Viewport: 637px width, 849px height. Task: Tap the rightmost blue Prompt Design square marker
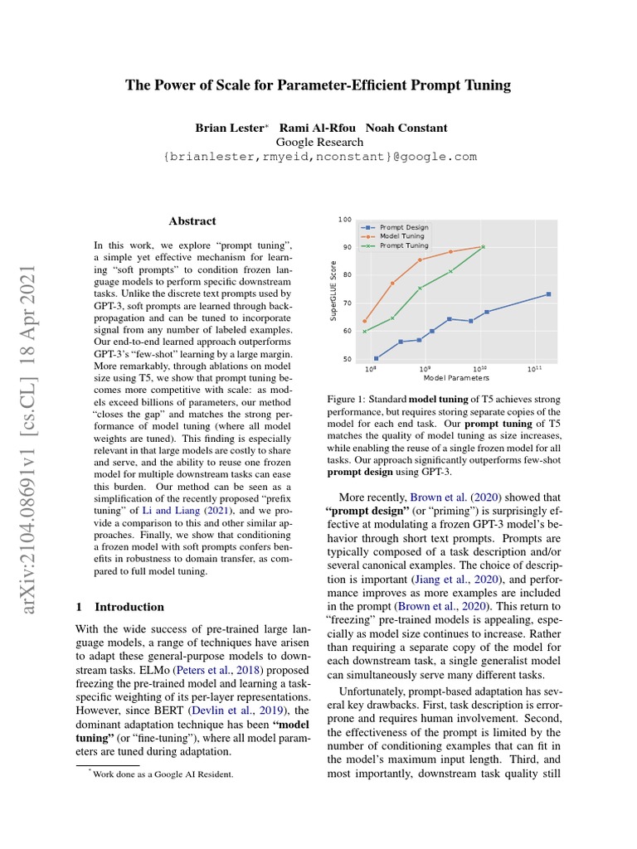pyautogui.click(x=548, y=294)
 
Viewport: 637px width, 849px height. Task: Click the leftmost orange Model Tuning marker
pyautogui.click(x=365, y=321)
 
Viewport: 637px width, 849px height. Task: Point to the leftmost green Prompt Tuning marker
pyautogui.click(x=365, y=332)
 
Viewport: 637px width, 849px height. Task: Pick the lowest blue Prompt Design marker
pyautogui.click(x=376, y=358)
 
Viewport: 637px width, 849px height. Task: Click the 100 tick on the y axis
pyautogui.click(x=344, y=219)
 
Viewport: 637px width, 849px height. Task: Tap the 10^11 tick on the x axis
pyautogui.click(x=534, y=369)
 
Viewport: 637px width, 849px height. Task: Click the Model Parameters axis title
pyautogui.click(x=455, y=379)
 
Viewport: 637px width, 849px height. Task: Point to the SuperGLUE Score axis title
pyautogui.click(x=333, y=289)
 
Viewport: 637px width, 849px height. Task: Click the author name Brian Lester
pyautogui.click(x=230, y=128)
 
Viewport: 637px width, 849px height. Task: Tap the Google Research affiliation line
pyautogui.click(x=318, y=142)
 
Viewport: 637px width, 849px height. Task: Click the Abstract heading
pyautogui.click(x=192, y=221)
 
